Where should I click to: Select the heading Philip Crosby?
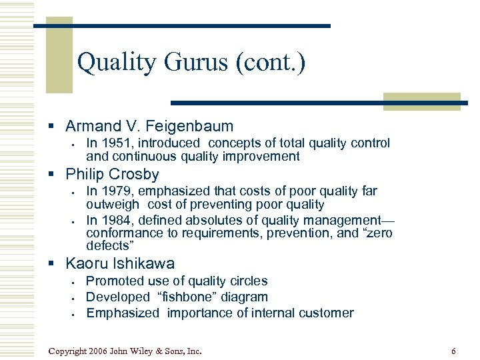112,175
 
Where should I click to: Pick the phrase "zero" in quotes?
375,233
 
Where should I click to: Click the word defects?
106,246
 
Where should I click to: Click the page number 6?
453,351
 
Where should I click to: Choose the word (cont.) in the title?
272,63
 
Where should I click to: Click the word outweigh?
113,205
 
